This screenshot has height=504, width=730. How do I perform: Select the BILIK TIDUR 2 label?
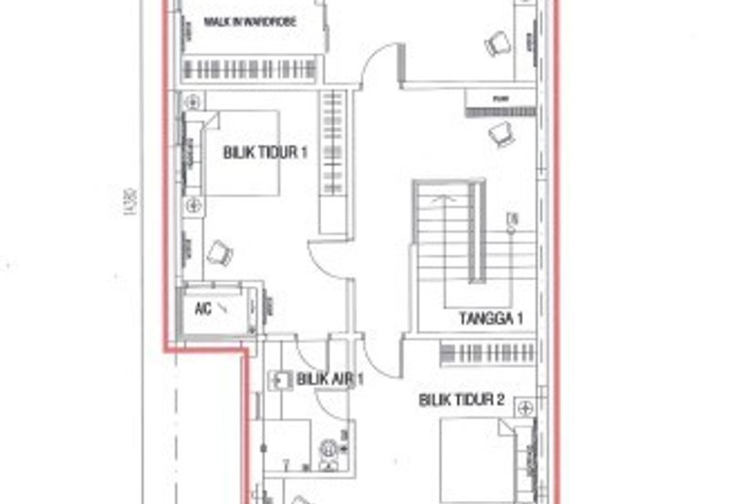coord(463,399)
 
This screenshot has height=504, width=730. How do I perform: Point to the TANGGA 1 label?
coord(491,319)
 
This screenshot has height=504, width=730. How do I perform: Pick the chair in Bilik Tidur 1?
coord(217,252)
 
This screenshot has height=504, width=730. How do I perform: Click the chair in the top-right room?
coord(496,42)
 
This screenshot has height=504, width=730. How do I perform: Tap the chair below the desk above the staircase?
coord(500,133)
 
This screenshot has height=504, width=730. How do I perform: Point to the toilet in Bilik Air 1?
coord(328,448)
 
